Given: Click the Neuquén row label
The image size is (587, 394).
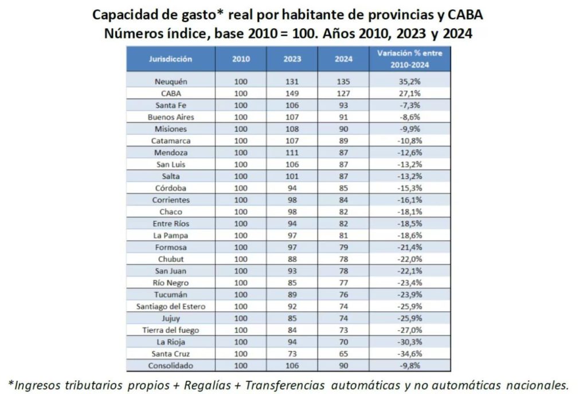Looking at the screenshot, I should point(171,81).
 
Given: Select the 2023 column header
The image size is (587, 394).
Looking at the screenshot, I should point(292,59).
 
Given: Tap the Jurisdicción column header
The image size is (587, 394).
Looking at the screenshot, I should point(171,59).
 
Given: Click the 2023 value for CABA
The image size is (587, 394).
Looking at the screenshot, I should point(292,93).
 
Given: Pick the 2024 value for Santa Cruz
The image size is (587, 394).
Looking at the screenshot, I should point(343,354).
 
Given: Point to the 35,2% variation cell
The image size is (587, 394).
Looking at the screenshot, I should point(409,81).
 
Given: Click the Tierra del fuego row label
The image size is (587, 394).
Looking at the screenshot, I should point(171,330).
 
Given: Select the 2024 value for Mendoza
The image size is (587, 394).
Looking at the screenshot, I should point(343,152).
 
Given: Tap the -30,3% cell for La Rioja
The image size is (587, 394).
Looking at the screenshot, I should point(409,342).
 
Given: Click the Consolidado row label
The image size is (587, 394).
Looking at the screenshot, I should point(171,365).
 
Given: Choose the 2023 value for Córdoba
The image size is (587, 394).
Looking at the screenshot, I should point(292,188).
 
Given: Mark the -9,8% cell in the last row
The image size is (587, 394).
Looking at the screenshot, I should point(409,365).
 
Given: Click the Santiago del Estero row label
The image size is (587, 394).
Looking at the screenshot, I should point(171,306).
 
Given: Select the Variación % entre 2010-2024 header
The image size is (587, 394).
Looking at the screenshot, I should point(409,59).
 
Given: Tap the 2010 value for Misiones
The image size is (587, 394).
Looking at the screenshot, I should point(241,129).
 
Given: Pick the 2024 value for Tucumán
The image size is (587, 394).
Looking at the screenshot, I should point(343,294).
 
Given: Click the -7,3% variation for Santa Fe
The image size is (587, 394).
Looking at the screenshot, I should point(409,105).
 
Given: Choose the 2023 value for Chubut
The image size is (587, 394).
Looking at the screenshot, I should point(292,259).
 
